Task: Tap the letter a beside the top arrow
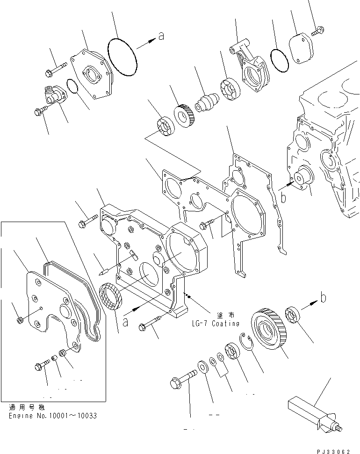coord(161,36)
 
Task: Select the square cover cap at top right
coord(300,46)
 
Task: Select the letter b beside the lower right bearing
coord(322,296)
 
